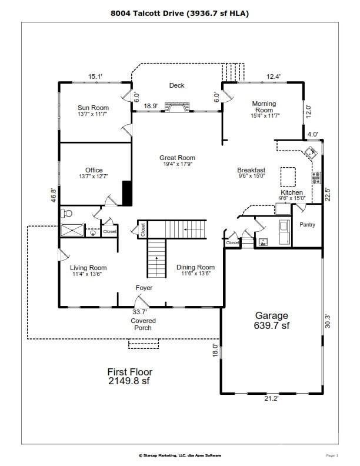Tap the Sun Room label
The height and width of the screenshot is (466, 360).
pos(94,108)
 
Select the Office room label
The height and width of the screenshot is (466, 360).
pos(94,171)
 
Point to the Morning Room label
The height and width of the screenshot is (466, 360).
pos(264,107)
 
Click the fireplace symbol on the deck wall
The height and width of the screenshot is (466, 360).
pos(177,106)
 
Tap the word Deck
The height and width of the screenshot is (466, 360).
pos(177,85)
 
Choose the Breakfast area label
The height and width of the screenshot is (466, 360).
pos(251,170)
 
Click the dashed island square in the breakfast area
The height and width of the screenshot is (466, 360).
pos(288,176)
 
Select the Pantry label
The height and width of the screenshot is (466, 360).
pos(307,224)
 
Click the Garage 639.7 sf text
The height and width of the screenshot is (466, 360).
pos(271,320)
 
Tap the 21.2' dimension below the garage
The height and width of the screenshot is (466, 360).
pos(271,398)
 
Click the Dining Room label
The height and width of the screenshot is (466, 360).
pos(195,267)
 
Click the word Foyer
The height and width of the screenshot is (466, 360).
pos(144,288)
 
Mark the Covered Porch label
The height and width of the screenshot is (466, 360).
pos(143,324)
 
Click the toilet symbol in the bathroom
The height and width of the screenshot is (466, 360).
pos(67,213)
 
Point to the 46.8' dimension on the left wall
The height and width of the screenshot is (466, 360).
pos(54,195)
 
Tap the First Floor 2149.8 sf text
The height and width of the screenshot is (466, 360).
pos(129,376)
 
